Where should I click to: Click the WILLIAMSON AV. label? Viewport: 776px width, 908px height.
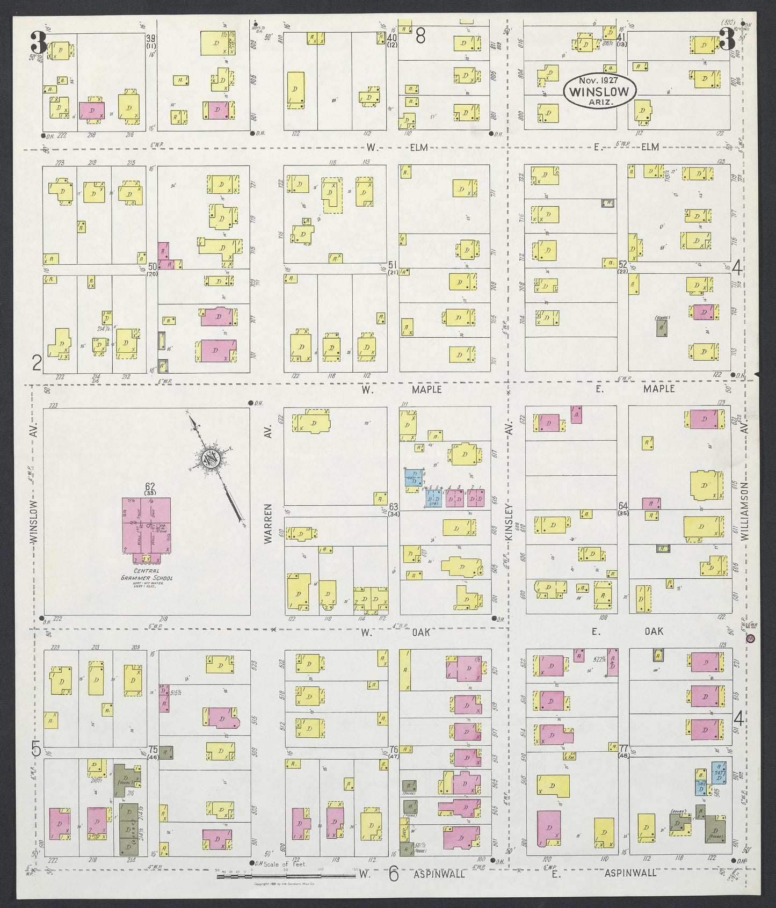click(745, 510)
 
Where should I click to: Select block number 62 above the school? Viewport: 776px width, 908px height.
click(149, 487)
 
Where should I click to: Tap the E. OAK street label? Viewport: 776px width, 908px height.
click(627, 631)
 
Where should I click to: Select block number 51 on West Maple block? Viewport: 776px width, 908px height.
click(393, 265)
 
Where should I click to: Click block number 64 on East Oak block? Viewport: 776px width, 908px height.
click(623, 506)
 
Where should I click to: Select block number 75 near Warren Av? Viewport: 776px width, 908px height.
click(153, 750)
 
